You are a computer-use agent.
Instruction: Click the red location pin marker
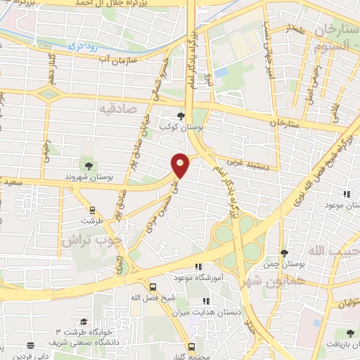tap(181, 165)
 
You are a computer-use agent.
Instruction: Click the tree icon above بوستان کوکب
tap(181, 116)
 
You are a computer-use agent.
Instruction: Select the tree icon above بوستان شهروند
tap(88, 165)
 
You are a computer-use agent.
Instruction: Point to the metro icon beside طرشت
tap(91, 210)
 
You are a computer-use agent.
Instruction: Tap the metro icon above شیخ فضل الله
tap(153, 286)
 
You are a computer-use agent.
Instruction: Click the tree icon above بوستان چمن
tap(283, 253)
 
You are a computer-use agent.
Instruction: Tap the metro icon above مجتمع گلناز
tap(191, 346)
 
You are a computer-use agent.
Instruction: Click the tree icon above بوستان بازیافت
tap(350, 333)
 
